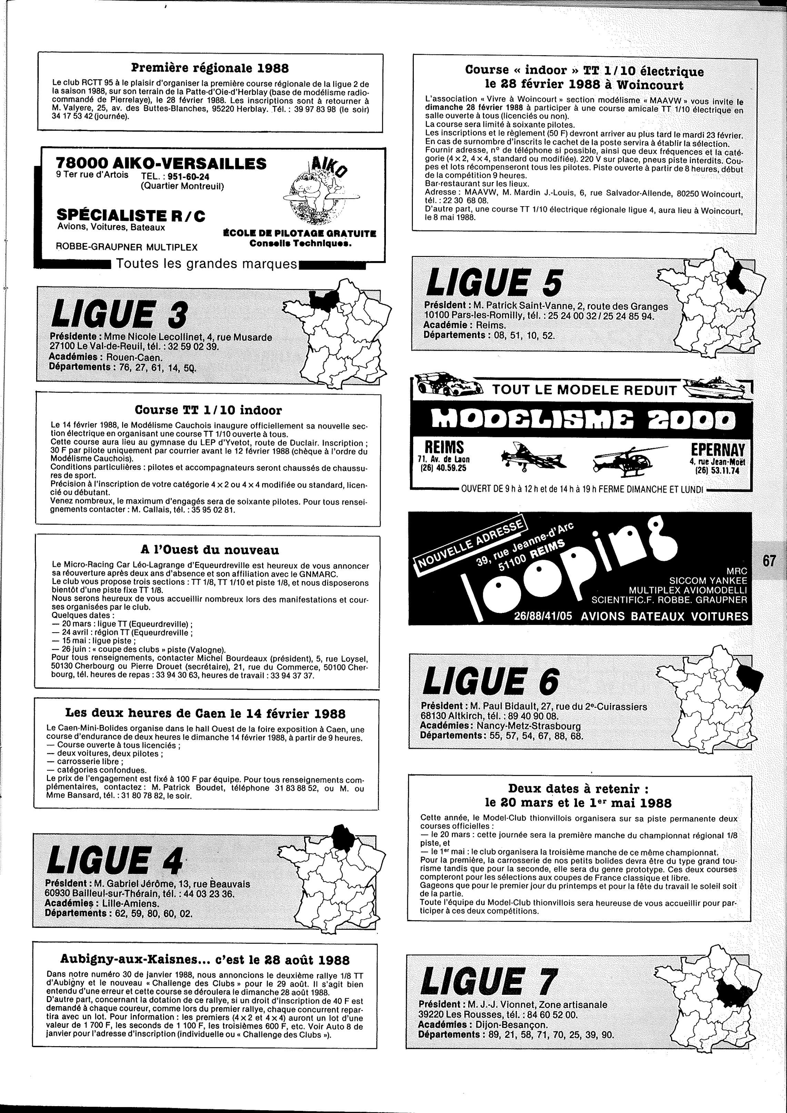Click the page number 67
769,560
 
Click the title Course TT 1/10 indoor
208,410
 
